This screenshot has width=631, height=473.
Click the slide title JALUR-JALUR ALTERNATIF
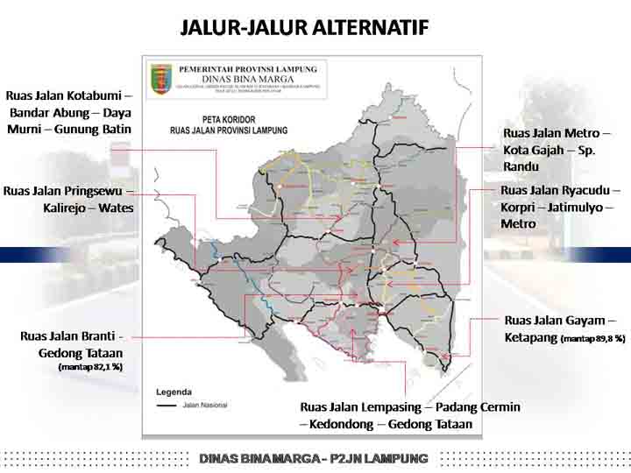304,27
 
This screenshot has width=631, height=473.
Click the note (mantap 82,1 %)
90,367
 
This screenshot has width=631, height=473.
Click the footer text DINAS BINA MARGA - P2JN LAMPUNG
314,458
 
